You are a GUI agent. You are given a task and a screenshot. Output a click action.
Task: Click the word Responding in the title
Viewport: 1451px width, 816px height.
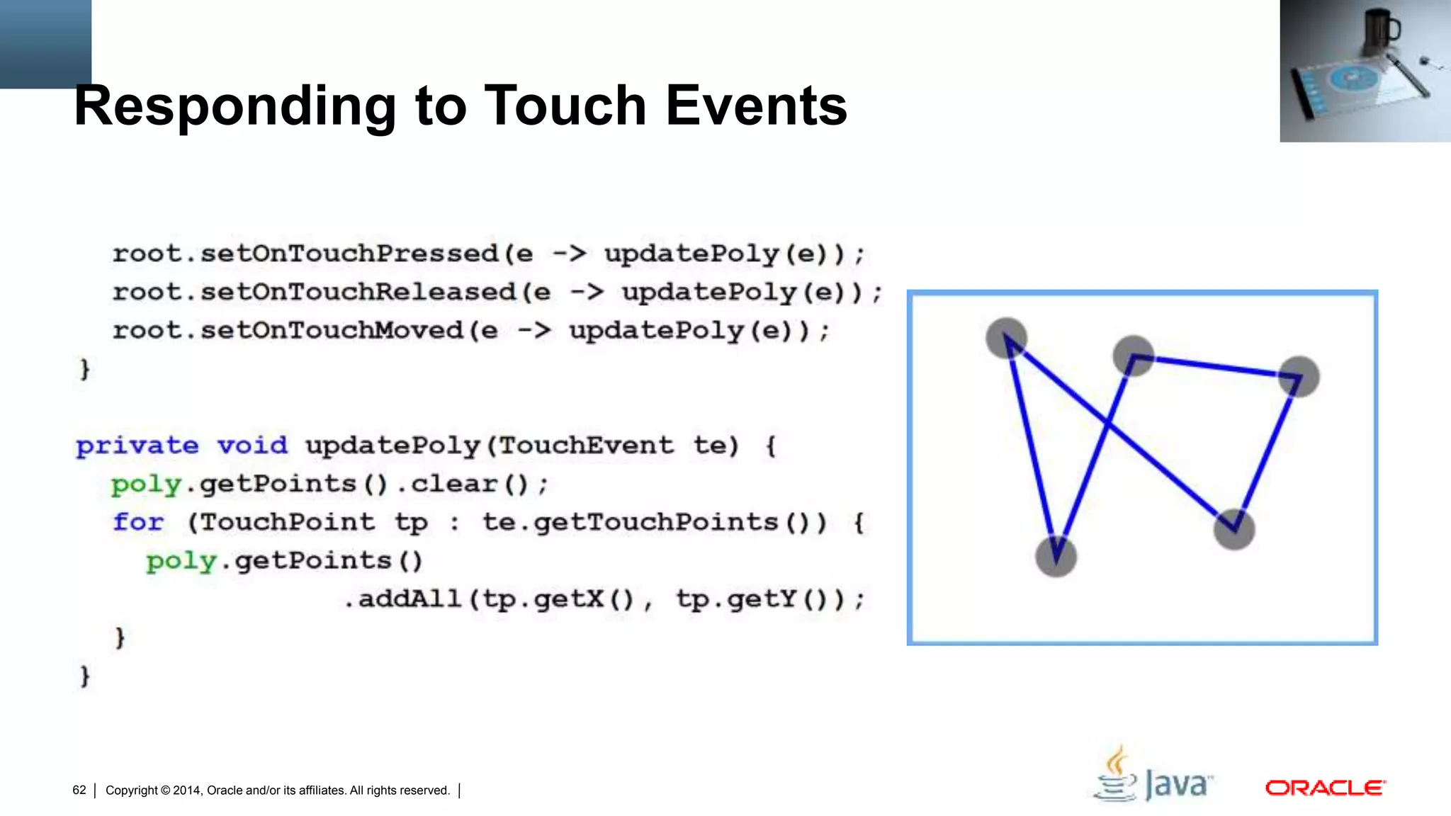(235, 106)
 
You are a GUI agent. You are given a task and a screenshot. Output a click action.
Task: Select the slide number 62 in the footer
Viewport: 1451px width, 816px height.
(79, 790)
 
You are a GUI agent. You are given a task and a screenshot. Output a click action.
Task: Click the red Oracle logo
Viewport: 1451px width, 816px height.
(1325, 788)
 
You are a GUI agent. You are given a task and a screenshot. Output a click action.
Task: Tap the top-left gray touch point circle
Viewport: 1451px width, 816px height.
(1006, 338)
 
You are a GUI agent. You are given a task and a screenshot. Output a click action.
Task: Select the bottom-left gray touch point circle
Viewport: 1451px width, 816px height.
(1056, 557)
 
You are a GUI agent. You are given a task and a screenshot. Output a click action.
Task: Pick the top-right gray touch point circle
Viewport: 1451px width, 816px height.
(1299, 376)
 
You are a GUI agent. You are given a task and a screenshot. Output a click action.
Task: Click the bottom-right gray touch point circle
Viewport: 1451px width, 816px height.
(1234, 529)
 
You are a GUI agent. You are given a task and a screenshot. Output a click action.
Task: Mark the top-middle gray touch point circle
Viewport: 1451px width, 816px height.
(1134, 356)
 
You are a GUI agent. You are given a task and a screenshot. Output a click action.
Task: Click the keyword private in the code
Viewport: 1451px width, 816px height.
(137, 446)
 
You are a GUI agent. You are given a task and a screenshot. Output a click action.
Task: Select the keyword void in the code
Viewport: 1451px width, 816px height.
(252, 446)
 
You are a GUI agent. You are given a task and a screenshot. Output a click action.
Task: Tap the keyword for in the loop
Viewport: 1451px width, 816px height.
(138, 523)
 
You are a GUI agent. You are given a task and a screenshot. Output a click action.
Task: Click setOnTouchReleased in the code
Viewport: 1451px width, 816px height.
(358, 292)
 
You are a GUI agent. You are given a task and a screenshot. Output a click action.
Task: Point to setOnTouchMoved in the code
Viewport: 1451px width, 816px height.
(332, 330)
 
